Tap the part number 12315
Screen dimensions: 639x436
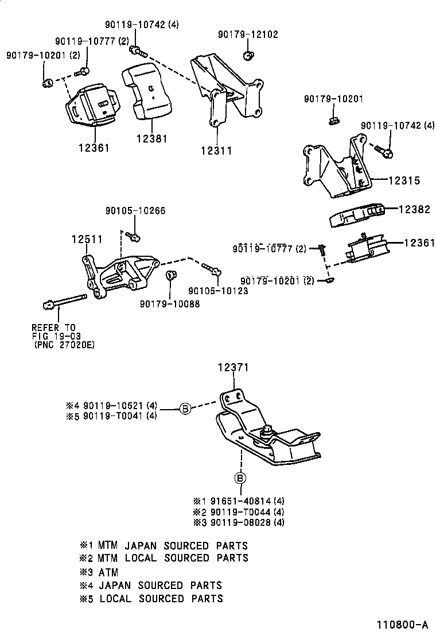pos(404,180)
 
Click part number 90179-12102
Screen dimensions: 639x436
pos(248,34)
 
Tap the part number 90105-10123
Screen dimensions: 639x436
pos(218,291)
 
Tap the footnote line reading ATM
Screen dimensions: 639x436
pos(108,572)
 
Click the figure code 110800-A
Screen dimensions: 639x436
pos(403,625)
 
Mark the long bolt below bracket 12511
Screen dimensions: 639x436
pos(63,301)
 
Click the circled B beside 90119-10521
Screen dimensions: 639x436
pos(185,409)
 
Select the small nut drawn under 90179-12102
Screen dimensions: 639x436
pos(248,56)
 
